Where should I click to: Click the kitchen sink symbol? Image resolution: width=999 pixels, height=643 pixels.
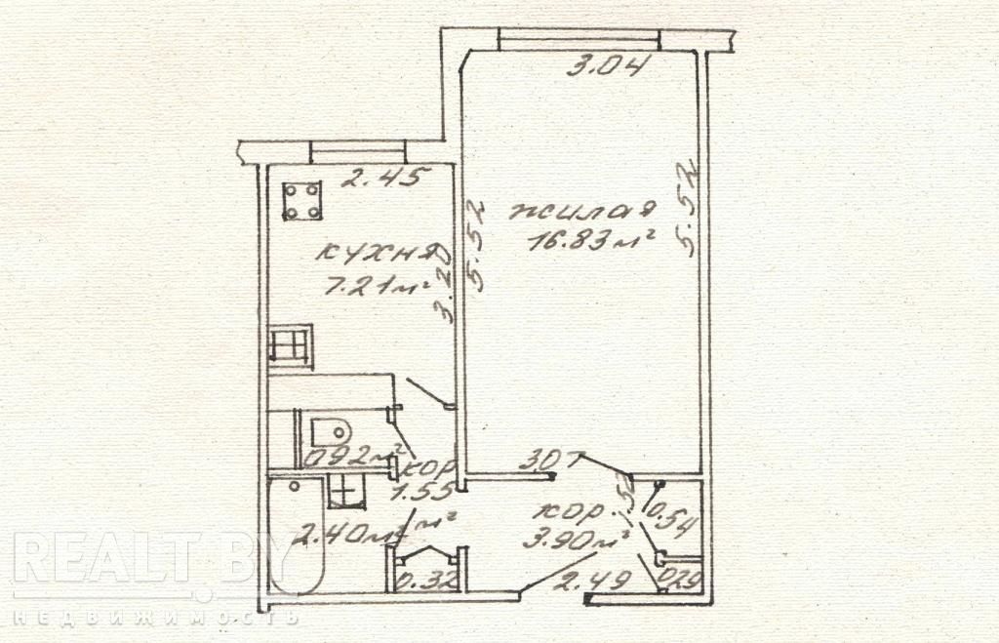(291, 346)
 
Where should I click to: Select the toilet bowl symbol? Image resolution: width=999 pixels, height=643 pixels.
(330, 429)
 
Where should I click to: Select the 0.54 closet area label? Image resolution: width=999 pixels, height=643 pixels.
(672, 518)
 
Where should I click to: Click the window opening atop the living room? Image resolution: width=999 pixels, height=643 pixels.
(579, 39)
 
